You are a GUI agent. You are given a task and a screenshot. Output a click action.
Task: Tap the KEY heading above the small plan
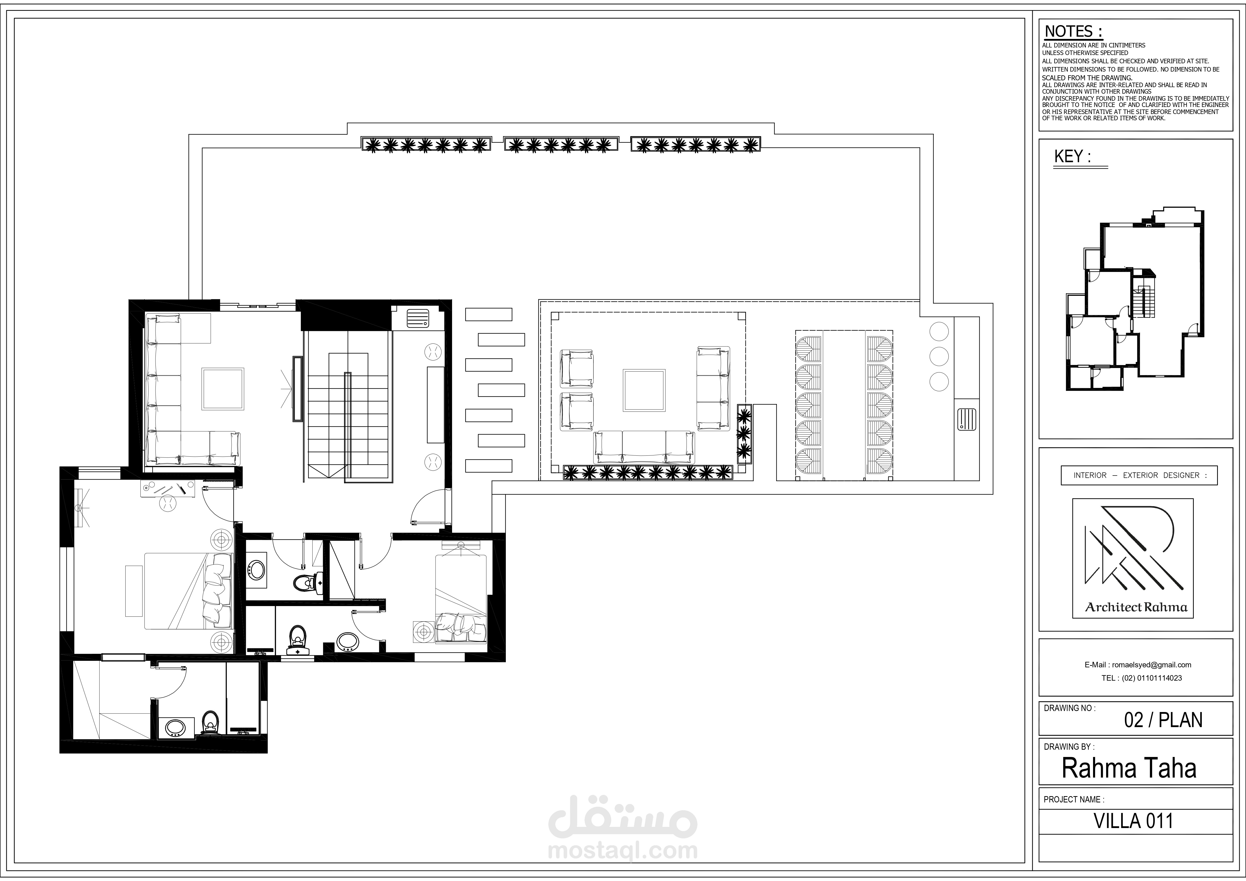coord(1072,157)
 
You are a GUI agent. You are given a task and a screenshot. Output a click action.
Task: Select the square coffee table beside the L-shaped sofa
coord(223,388)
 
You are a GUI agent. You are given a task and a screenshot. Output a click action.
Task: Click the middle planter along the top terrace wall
coord(561,144)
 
